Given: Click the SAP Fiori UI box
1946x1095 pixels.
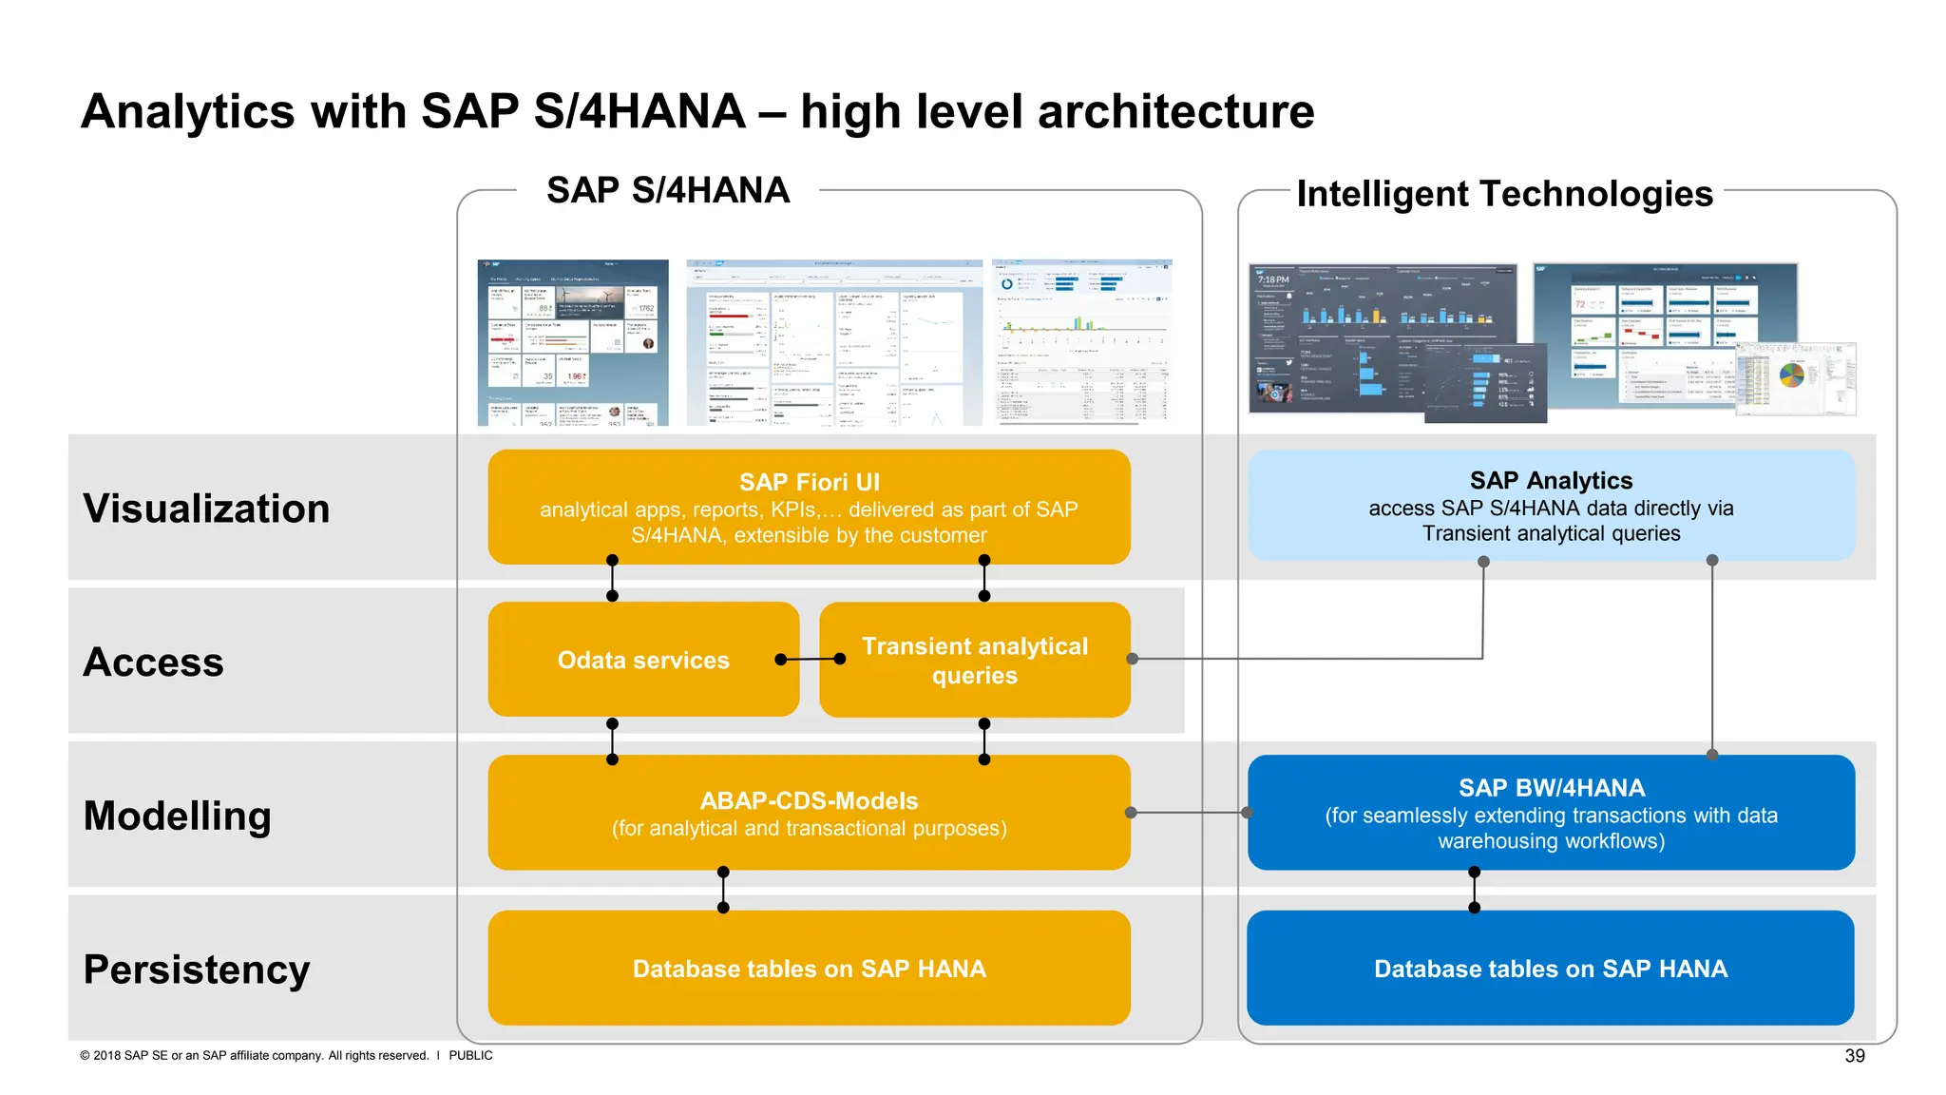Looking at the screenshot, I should [809, 507].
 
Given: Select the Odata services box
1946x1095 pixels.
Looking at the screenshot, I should [643, 660].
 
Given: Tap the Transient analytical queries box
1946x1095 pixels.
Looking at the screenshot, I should [975, 661].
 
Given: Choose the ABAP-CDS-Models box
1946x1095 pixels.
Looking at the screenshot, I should [809, 813].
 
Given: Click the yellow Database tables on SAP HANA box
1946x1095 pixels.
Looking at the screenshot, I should [809, 968].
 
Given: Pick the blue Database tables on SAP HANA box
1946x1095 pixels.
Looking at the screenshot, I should [1550, 968].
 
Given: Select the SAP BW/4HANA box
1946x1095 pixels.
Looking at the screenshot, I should [1551, 813].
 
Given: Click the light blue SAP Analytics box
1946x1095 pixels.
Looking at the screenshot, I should [1551, 506].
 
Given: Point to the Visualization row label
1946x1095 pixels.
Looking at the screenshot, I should [206, 509].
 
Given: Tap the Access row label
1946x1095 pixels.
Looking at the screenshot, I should [154, 662].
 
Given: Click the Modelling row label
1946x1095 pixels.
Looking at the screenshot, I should [178, 816].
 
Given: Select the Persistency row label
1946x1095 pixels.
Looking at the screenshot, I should [197, 970].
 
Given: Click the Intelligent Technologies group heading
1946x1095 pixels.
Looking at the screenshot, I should [1504, 194].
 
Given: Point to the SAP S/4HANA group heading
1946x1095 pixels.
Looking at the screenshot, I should [668, 190].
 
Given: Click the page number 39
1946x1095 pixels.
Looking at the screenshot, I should [1855, 1056].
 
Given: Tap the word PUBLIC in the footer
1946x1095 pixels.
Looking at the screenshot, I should [470, 1055].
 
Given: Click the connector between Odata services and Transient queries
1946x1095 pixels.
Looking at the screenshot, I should [810, 659].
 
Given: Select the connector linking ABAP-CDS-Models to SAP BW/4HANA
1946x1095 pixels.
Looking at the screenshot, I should [1189, 813].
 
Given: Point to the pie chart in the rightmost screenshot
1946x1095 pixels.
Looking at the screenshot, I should [1791, 375].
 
